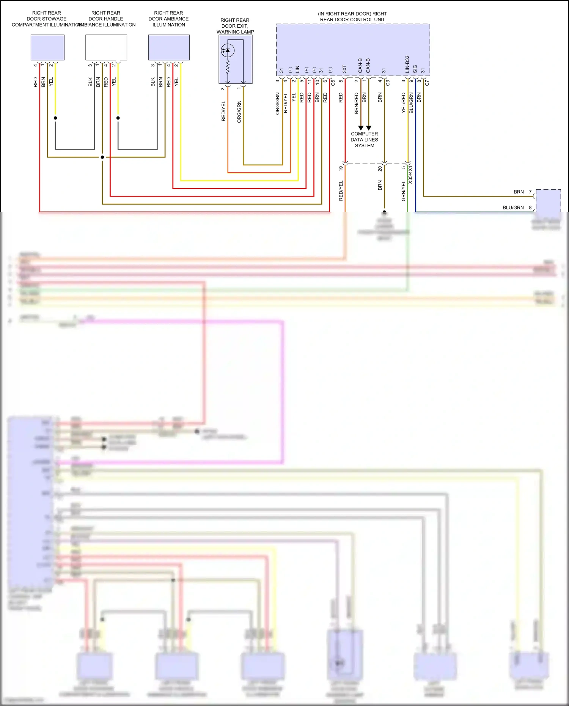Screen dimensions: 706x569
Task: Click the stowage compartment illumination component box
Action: click(x=47, y=47)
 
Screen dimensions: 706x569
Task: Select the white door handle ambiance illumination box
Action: click(x=106, y=47)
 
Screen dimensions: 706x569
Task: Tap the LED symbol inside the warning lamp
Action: click(x=227, y=50)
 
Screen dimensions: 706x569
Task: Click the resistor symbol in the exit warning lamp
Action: click(x=228, y=68)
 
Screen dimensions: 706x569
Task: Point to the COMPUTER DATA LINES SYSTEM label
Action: click(x=364, y=140)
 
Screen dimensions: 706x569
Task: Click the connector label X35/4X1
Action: click(x=410, y=175)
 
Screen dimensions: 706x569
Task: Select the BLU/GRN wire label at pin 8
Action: click(x=513, y=208)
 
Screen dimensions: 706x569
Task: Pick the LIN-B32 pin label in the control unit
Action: click(x=407, y=64)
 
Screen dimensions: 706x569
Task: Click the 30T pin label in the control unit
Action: click(x=344, y=69)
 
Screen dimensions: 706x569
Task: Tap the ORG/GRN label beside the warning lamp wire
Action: click(x=239, y=112)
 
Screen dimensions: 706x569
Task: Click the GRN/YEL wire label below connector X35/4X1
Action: click(x=403, y=191)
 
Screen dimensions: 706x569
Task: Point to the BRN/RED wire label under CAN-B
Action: click(x=356, y=103)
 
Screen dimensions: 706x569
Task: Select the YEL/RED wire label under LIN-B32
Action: click(x=403, y=103)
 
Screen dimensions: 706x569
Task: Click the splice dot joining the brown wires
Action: click(x=102, y=157)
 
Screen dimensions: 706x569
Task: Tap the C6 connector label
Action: click(x=333, y=82)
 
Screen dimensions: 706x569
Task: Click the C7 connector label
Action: click(x=427, y=82)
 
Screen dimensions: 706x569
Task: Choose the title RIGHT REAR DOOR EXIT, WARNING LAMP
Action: click(x=235, y=26)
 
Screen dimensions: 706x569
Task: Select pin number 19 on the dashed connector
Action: click(x=341, y=168)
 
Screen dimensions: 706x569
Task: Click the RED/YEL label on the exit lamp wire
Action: click(x=223, y=111)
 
